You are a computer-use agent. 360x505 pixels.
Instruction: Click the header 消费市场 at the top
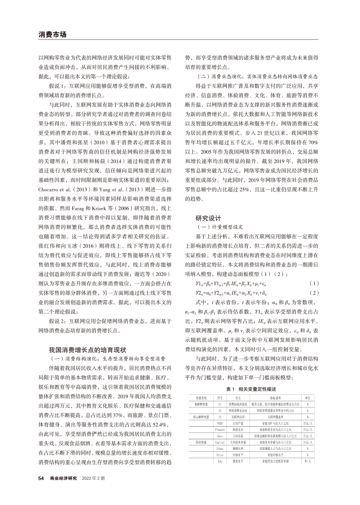click(x=52, y=34)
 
